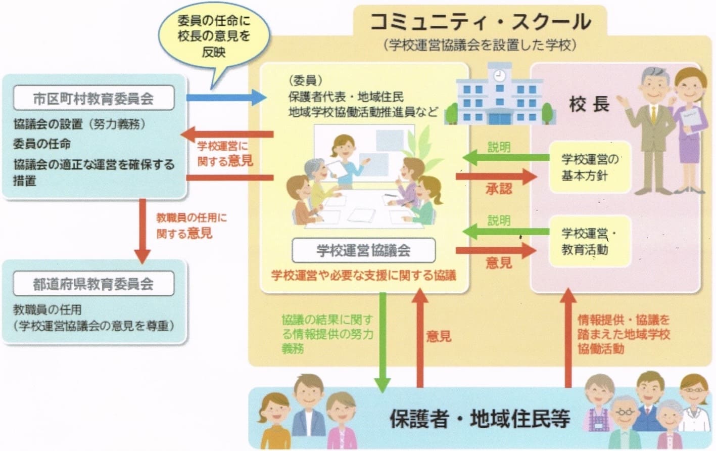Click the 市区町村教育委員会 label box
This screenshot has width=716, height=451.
tap(93, 99)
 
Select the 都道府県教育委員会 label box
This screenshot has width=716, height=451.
tap(93, 284)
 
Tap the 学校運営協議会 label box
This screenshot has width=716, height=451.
tap(363, 250)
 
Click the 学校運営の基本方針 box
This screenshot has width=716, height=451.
tap(590, 167)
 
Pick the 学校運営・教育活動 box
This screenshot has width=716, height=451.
tap(590, 241)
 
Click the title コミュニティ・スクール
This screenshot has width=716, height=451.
tap(480, 22)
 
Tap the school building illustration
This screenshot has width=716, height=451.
tap(499, 99)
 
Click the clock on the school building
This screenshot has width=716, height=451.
tap(499, 76)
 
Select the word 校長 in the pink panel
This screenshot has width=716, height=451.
tap(589, 105)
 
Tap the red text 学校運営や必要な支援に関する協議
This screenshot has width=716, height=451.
tap(363, 276)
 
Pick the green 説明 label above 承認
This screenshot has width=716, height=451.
tap(499, 147)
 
